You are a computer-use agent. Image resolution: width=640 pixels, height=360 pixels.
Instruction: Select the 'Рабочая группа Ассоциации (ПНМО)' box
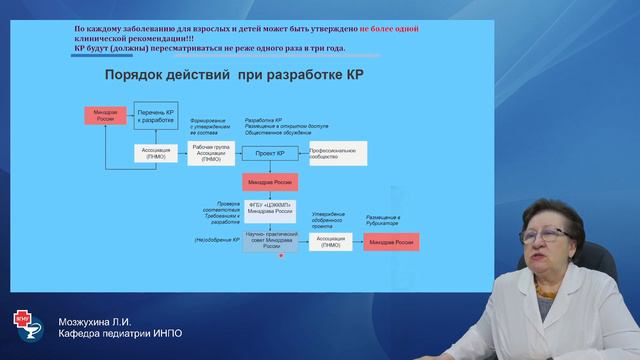(211, 153)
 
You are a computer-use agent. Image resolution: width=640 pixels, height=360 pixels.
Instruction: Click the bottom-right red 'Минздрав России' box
(391, 242)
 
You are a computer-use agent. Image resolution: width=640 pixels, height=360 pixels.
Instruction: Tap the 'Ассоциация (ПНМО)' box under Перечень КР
(156, 153)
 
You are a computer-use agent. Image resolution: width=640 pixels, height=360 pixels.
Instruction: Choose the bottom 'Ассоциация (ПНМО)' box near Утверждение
(328, 242)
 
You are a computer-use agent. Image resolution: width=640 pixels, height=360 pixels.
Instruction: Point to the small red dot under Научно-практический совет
(283, 256)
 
